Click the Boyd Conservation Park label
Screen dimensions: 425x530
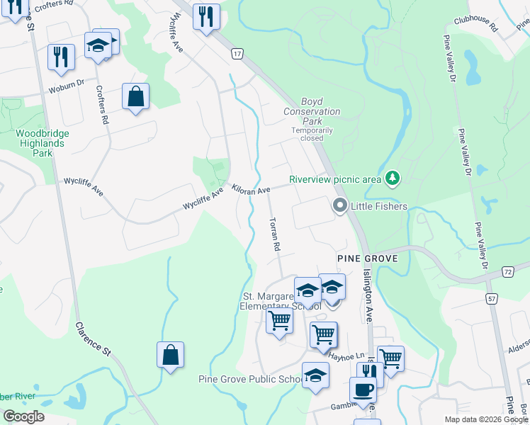click(x=312, y=112)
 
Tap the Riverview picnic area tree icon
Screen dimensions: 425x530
click(x=391, y=178)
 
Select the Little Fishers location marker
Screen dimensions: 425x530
click(x=340, y=206)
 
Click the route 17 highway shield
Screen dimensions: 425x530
click(x=237, y=54)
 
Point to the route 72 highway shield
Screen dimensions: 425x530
click(x=508, y=272)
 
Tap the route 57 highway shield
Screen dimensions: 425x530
click(x=491, y=300)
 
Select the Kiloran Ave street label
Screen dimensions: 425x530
click(x=250, y=192)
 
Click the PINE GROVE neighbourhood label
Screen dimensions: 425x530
click(x=367, y=259)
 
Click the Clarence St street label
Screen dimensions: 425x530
click(x=94, y=339)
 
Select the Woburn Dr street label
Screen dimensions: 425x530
click(x=66, y=88)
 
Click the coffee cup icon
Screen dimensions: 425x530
click(x=363, y=389)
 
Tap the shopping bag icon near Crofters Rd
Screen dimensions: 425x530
click(x=135, y=96)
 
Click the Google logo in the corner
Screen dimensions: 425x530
click(x=23, y=416)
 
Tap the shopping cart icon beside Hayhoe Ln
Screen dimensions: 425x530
click(x=323, y=334)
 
